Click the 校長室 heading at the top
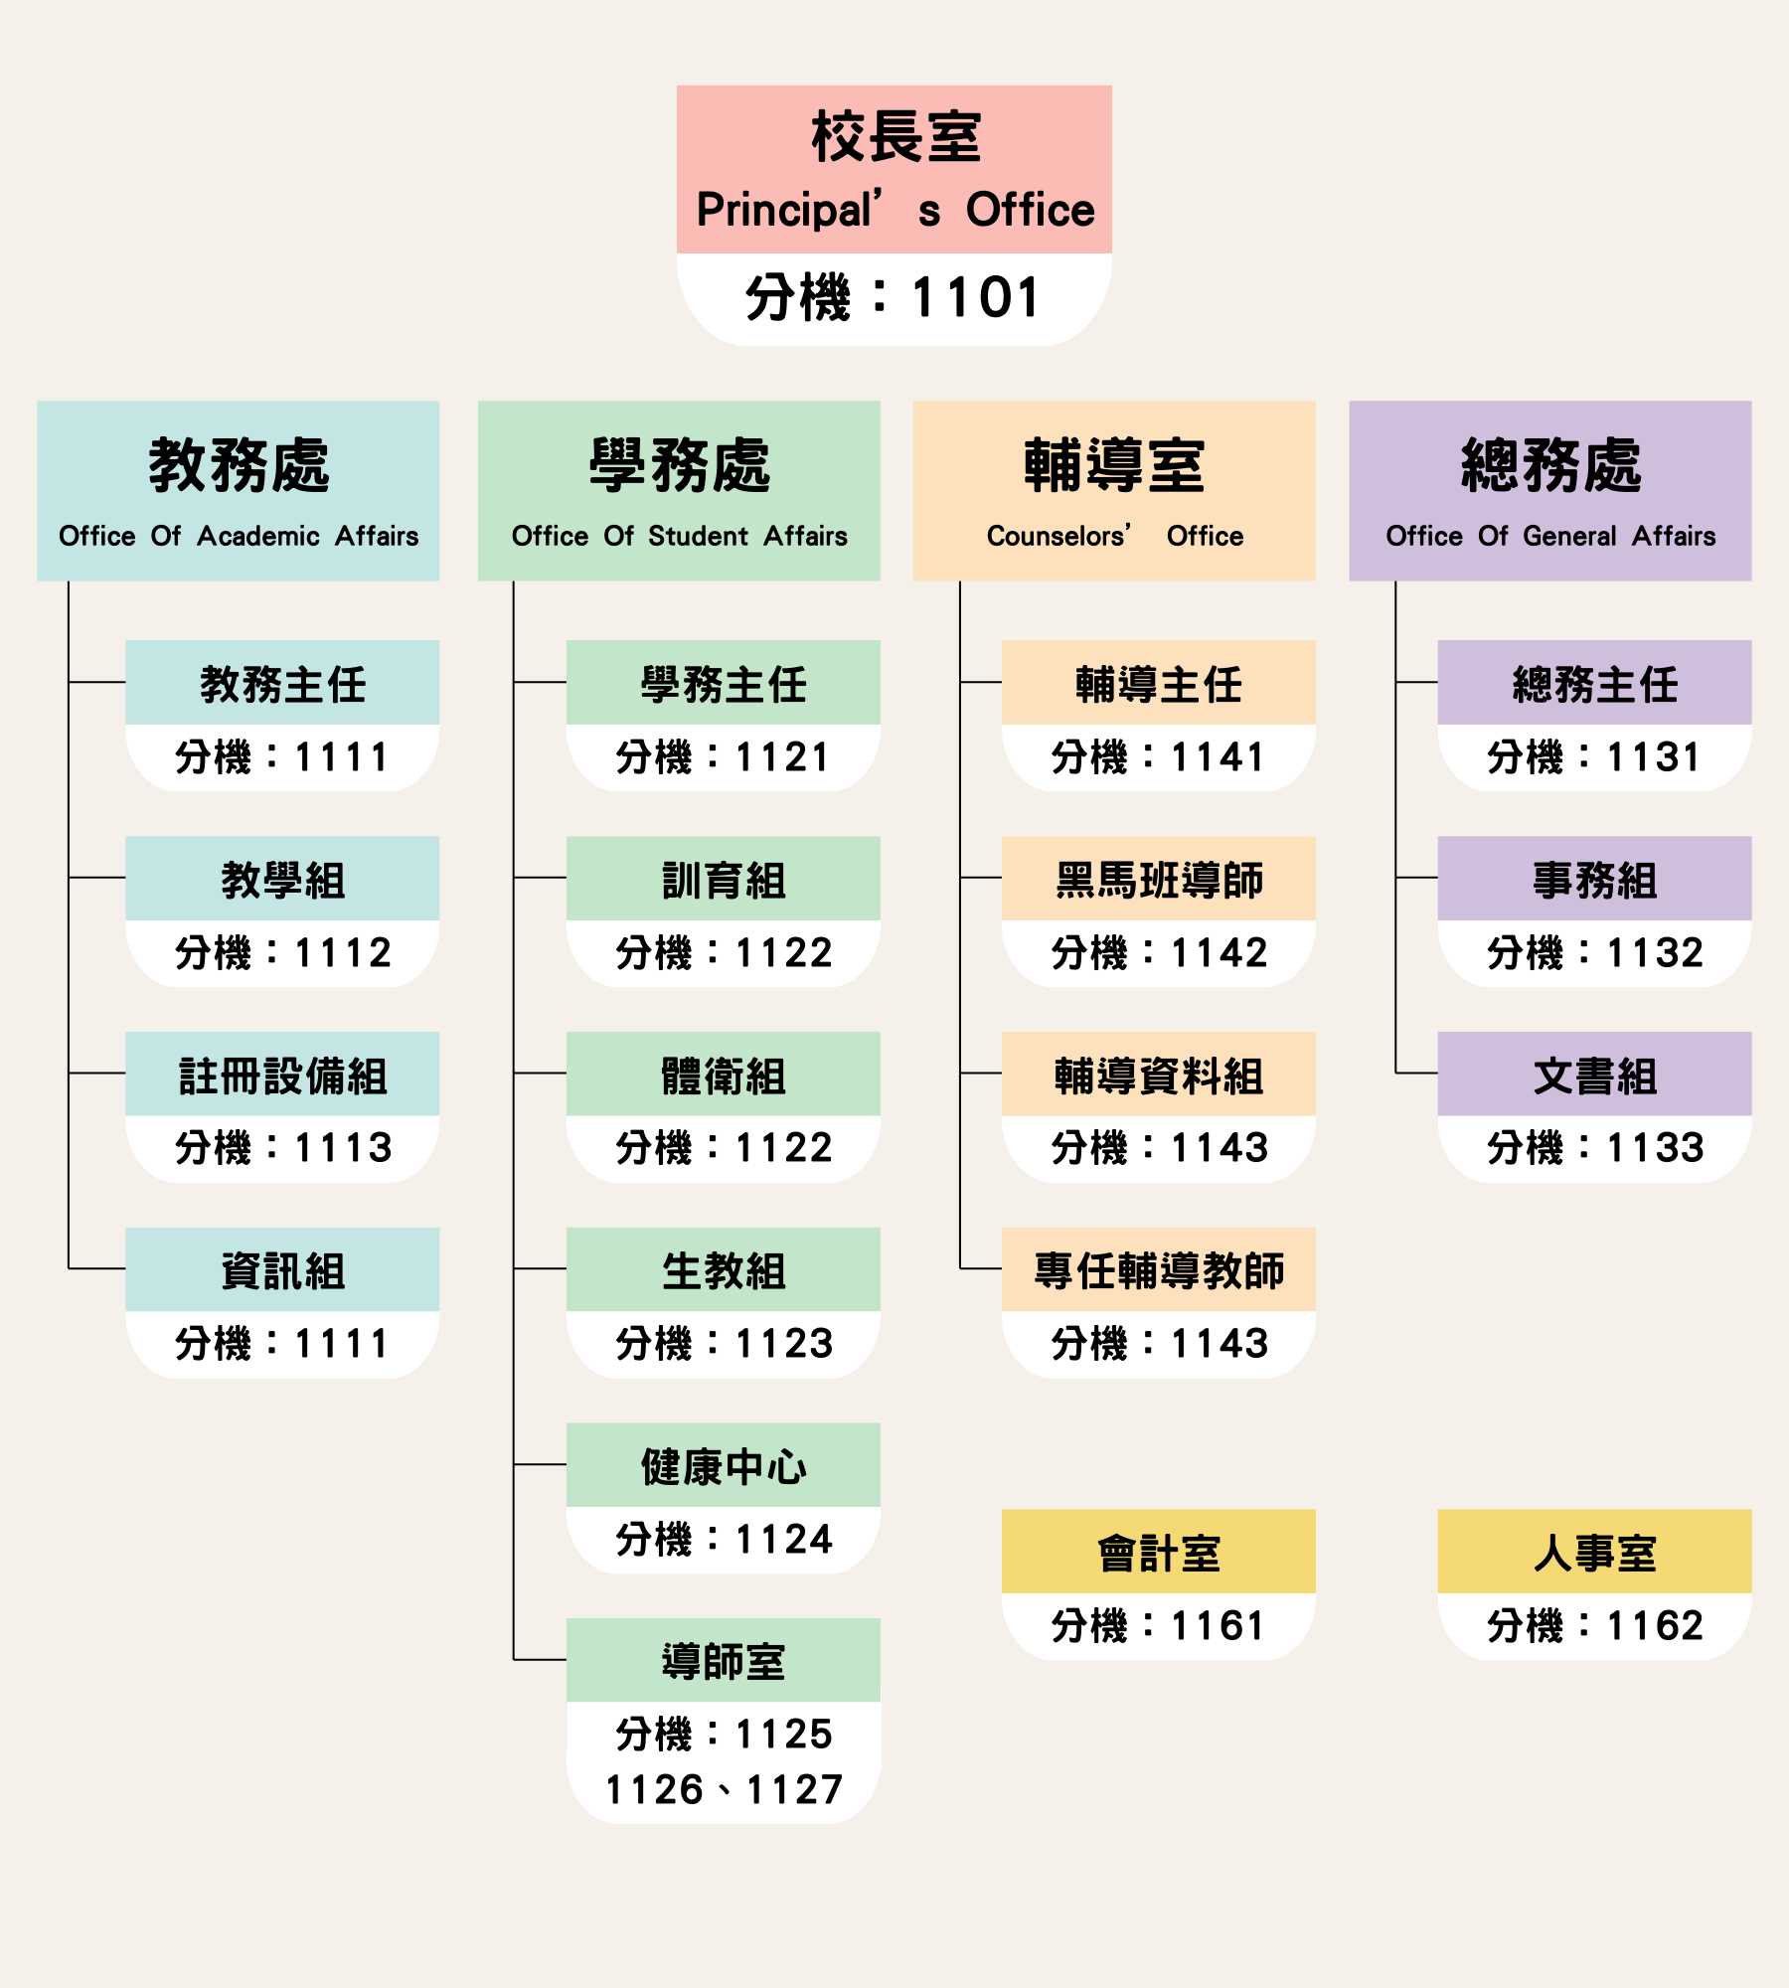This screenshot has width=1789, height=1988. pos(894,137)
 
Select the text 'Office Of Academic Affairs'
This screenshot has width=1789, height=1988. pos(239,537)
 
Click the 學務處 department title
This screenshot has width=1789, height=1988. pos(679,465)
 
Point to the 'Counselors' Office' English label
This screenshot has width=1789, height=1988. pos(1114,537)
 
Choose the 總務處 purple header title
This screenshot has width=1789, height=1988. pos(1550,465)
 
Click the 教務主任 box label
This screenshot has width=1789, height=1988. pos(283,684)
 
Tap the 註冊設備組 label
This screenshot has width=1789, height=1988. pos(283,1076)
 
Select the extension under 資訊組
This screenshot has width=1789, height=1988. pos(283,1344)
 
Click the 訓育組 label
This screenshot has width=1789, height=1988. pos(724,880)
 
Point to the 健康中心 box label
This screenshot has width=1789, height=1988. pos(724,1466)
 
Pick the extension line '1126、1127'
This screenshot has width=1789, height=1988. pos(724,1790)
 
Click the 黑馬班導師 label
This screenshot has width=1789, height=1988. pos(1159,880)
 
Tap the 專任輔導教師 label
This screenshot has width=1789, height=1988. pos(1159,1270)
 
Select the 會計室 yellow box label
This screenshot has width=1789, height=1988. pos(1159,1553)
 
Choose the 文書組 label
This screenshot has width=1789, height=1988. pos(1595,1076)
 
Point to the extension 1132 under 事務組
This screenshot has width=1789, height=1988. pos(1595,953)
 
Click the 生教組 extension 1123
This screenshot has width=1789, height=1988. pos(724,1344)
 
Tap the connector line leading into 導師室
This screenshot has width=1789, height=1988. pos(540,1660)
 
